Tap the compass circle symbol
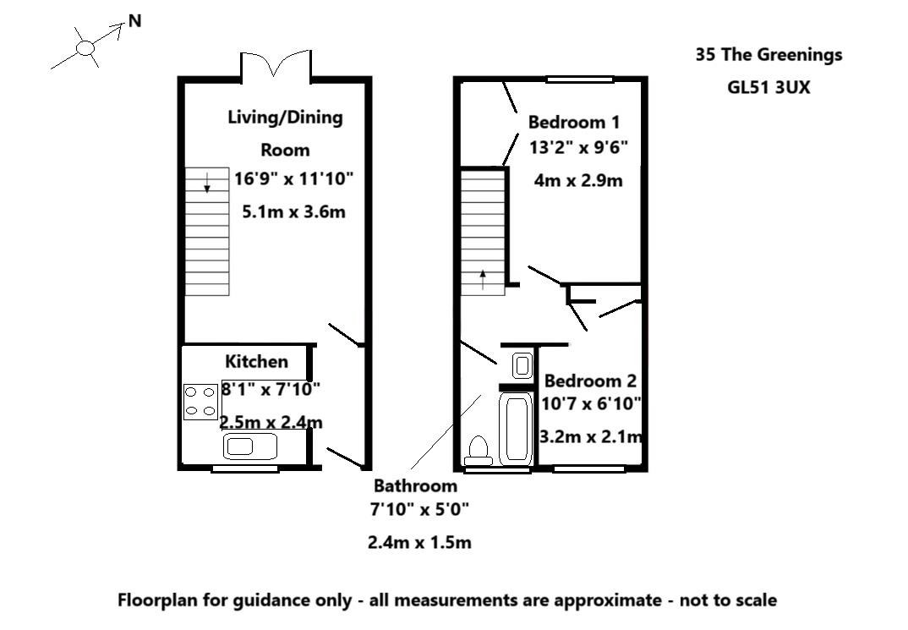(x=85, y=48)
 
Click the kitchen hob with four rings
(x=200, y=402)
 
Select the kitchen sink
(x=250, y=446)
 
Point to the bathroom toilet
(x=479, y=450)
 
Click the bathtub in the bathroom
(x=515, y=427)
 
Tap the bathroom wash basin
(x=522, y=366)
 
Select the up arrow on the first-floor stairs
(x=483, y=280)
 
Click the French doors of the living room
(x=276, y=64)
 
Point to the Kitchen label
(x=256, y=362)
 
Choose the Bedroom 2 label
(x=589, y=381)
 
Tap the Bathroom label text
(x=415, y=486)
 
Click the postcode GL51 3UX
(x=769, y=86)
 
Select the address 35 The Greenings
(x=769, y=55)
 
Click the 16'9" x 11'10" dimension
(x=293, y=178)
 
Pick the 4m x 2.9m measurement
(x=578, y=180)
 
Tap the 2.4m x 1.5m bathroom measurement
(x=419, y=543)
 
